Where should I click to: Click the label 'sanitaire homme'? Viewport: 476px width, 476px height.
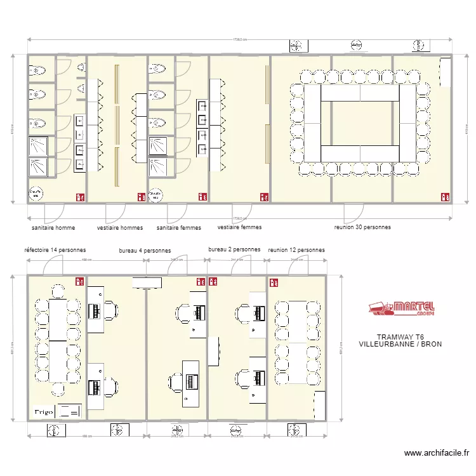tap(53, 227)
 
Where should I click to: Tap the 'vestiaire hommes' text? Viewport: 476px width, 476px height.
tap(120, 227)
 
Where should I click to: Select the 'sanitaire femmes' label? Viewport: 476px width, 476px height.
tap(179, 227)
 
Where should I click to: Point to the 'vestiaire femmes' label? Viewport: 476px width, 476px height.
tap(239, 227)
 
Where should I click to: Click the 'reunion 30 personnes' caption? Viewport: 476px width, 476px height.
tap(362, 227)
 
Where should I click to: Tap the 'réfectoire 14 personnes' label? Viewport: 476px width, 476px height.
tap(55, 250)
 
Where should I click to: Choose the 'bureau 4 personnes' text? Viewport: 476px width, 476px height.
tap(145, 251)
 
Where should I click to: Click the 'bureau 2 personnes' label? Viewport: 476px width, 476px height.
tap(234, 249)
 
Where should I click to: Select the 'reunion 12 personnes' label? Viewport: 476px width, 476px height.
tap(296, 250)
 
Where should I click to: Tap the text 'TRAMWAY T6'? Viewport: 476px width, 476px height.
tap(400, 337)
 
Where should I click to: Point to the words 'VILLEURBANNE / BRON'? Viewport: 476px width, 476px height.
tap(400, 345)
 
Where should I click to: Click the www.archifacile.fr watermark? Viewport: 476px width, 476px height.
tap(437, 453)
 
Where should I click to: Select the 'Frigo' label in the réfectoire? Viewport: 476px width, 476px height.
tap(43, 411)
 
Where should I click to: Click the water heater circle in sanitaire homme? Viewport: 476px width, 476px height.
tap(36, 193)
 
